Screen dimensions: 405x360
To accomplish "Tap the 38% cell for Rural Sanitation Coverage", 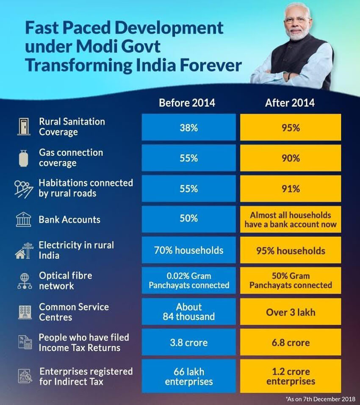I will [x=188, y=127].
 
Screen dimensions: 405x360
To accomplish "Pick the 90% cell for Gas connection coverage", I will [x=290, y=158].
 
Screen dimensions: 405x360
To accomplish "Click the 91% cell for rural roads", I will [x=290, y=189].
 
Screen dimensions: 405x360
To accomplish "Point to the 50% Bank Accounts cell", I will [x=188, y=219].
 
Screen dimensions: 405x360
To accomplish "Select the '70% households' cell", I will [x=188, y=250].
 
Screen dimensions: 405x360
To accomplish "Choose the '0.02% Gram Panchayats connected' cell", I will [x=188, y=280].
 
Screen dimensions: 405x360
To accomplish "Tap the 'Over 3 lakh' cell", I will [x=290, y=311].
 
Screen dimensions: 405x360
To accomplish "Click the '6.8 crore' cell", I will [x=290, y=342].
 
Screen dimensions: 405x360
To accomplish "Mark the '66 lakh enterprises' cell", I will [x=188, y=377].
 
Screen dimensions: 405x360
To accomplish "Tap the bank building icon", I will [x=24, y=219].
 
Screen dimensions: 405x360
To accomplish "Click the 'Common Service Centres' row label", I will [x=68, y=312].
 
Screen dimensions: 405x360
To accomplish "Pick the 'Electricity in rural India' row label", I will [x=76, y=250].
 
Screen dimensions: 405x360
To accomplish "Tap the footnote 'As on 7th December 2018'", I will [x=321, y=398].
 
